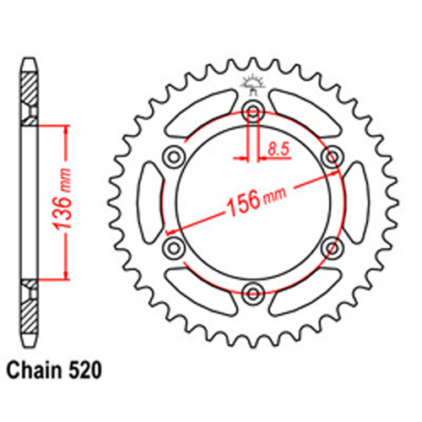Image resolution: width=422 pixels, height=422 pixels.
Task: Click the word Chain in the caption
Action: (x=33, y=371)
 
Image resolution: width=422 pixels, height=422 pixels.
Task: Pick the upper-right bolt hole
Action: (x=333, y=155)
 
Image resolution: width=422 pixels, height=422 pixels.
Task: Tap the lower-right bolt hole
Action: (x=333, y=246)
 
